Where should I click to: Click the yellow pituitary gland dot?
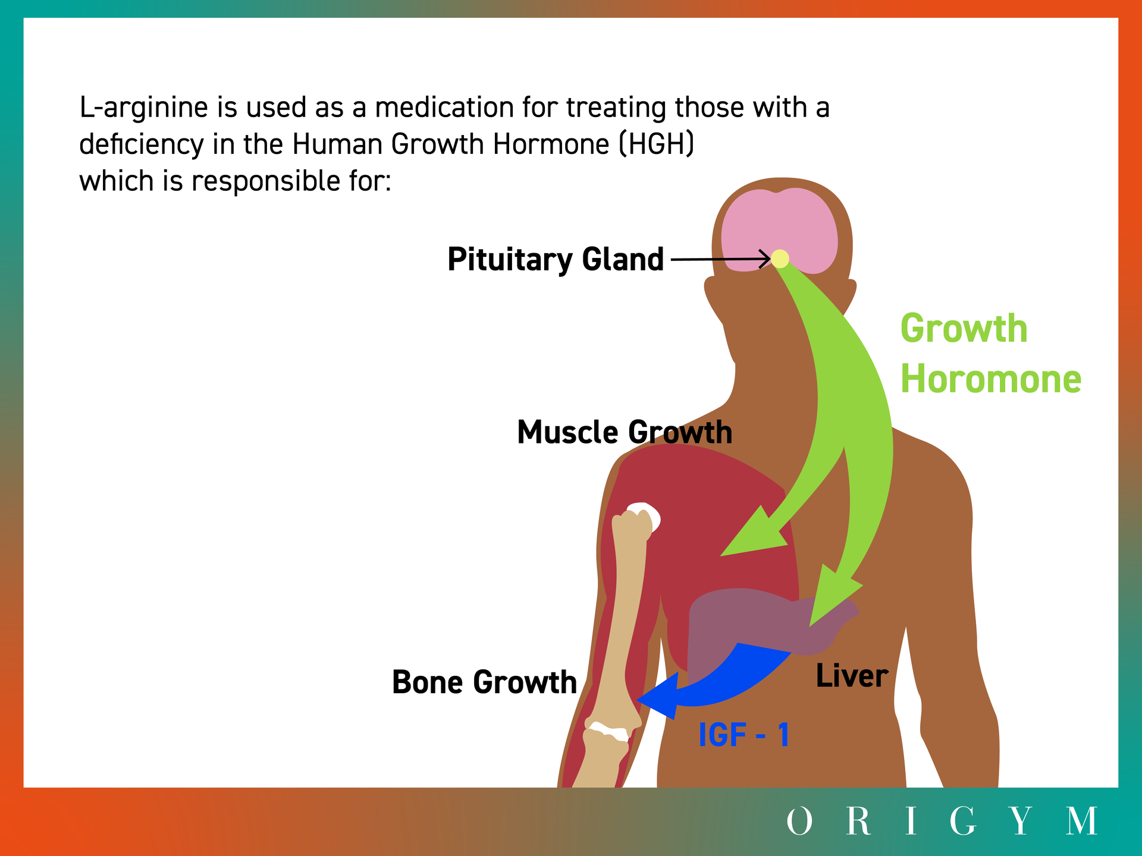[x=780, y=259]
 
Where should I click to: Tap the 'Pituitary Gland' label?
[x=556, y=260]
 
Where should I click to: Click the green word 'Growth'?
[x=964, y=328]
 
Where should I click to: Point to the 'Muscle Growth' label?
[x=625, y=432]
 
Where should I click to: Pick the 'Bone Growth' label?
[x=484, y=682]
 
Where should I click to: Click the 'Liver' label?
[x=852, y=676]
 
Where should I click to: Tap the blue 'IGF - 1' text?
[x=744, y=735]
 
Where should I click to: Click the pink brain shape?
[x=779, y=229]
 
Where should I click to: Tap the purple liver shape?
[x=767, y=624]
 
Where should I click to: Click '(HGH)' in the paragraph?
[x=656, y=144]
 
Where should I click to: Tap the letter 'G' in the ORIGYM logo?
[x=962, y=821]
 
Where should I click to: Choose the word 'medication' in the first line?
[x=445, y=108]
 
